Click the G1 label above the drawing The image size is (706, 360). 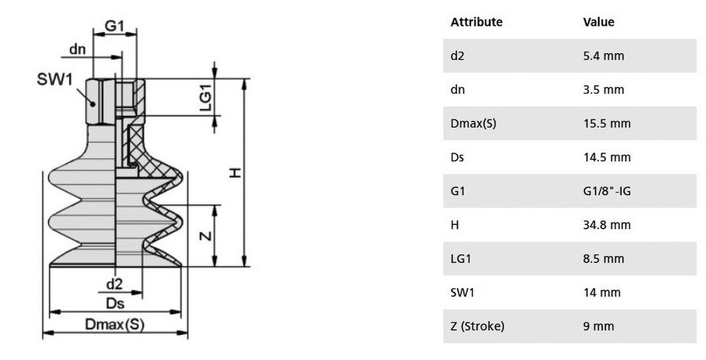coord(114,26)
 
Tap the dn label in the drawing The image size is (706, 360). coord(77,49)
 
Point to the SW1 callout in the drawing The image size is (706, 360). coord(54,79)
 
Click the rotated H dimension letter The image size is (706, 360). coord(236,172)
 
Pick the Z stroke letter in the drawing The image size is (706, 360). coord(205,235)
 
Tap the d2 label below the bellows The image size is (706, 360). coord(114,283)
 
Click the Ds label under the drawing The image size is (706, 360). coord(114,303)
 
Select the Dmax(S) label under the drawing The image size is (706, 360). coord(114,324)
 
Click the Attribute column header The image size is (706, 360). coord(476,22)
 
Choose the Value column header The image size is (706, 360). coord(598,22)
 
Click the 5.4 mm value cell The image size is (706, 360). coord(603,56)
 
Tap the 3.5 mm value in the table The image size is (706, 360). coord(603,90)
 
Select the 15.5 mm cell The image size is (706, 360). coord(607,123)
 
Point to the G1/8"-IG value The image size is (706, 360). coord(607,191)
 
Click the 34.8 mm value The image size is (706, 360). coord(607,225)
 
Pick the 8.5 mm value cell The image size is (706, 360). coord(603,259)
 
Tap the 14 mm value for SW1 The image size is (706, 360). coord(602,292)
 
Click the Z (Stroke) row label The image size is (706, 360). coord(477,326)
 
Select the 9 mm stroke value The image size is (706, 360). coord(598,326)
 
